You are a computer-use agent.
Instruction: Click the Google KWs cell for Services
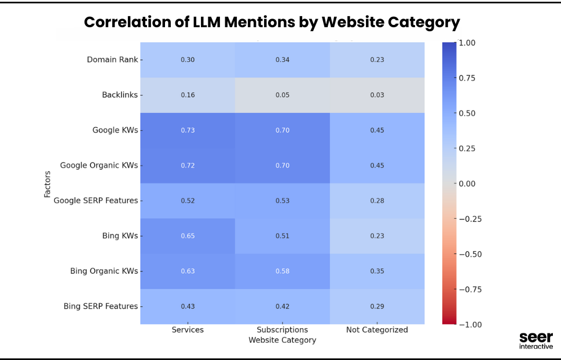(x=188, y=130)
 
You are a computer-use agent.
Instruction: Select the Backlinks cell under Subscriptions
(x=282, y=95)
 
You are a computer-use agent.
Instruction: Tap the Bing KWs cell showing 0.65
(x=188, y=236)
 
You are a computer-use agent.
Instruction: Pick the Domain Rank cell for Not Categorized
(x=377, y=60)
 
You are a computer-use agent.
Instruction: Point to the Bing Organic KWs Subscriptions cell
(x=282, y=271)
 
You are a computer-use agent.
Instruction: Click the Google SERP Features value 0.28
(x=377, y=201)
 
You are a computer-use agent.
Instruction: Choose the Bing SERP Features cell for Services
(x=188, y=306)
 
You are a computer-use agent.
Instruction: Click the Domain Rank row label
(x=112, y=60)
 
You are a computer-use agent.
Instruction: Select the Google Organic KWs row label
(x=99, y=166)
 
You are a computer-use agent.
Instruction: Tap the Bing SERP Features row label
(x=101, y=306)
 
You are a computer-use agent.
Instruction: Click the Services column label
(x=188, y=330)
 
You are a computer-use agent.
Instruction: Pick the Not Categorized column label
(x=377, y=330)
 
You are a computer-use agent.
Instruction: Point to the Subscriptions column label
(x=283, y=330)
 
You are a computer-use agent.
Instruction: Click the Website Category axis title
(x=283, y=340)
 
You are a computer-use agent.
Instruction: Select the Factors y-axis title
(x=47, y=183)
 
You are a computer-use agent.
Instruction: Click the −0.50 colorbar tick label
(x=470, y=254)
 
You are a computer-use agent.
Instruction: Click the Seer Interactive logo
(x=536, y=340)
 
